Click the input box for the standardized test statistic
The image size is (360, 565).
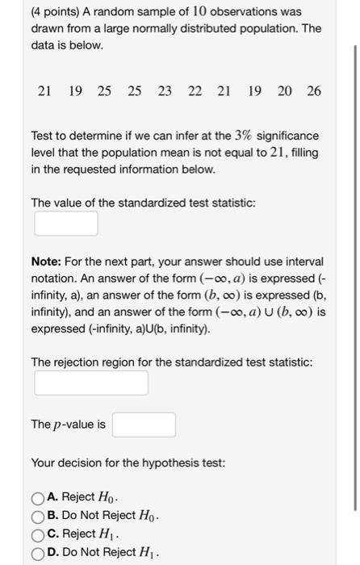coord(65,224)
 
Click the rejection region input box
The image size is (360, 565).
coord(90,383)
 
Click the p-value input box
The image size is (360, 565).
coord(144,425)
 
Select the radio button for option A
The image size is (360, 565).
coord(38,497)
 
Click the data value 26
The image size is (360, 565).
coord(313,91)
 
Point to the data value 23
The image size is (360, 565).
coord(164,91)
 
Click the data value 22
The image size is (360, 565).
coord(195,91)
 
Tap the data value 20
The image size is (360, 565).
coord(284,91)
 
